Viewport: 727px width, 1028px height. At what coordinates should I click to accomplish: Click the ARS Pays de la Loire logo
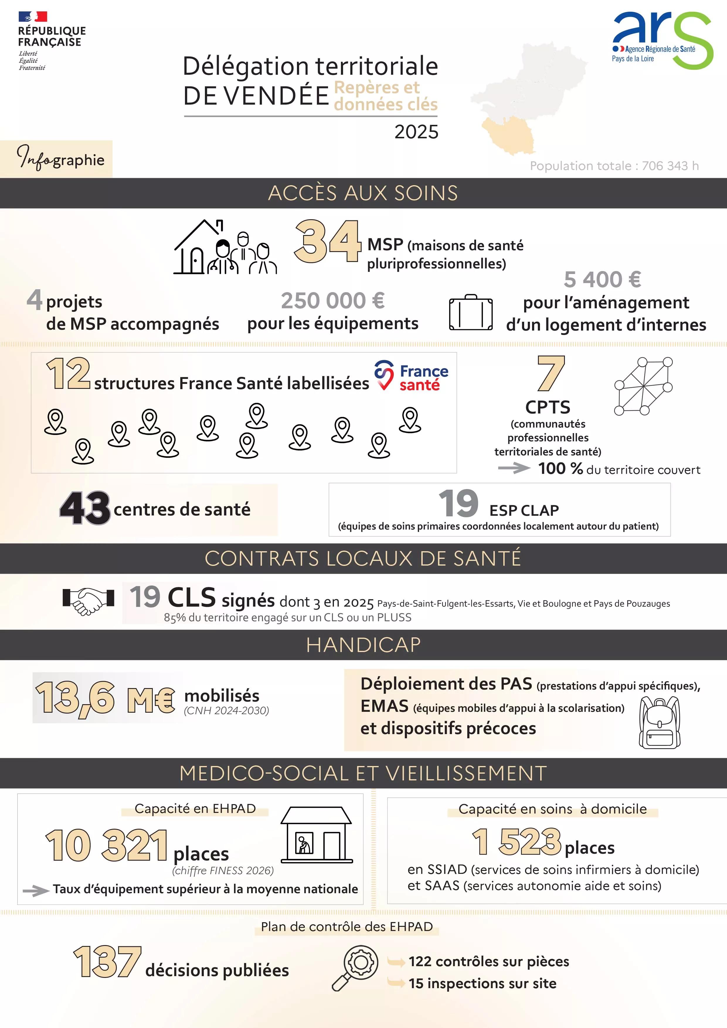(662, 40)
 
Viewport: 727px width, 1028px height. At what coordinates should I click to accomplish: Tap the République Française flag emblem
(33, 17)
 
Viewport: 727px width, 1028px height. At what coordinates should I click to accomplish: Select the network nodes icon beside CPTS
(643, 386)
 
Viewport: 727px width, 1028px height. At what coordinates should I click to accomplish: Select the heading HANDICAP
(363, 645)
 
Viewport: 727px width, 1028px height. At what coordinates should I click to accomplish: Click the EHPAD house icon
(316, 835)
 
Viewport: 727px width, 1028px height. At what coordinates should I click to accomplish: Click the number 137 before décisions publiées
(108, 962)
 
